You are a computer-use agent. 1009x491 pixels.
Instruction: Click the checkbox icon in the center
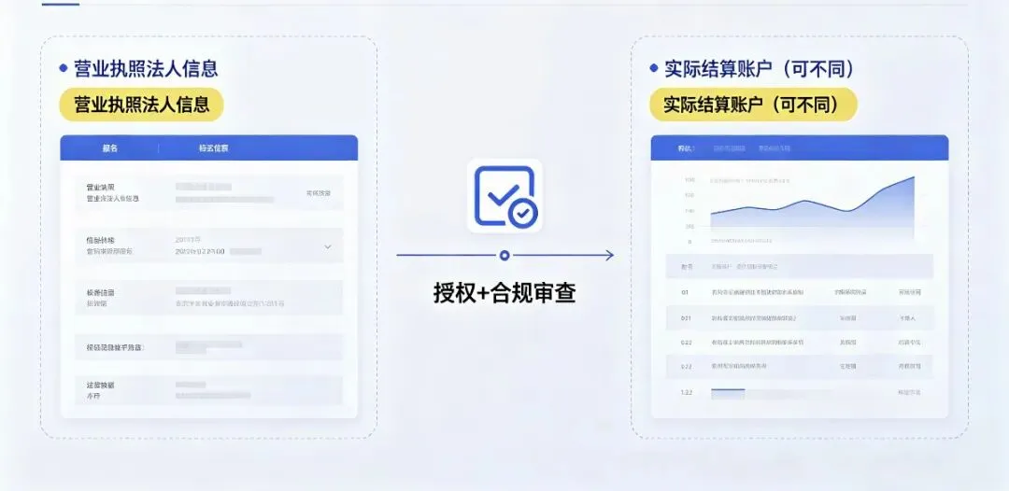point(504,196)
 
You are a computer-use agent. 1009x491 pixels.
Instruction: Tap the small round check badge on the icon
point(523,214)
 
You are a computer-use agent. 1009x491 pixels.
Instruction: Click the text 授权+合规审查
point(504,293)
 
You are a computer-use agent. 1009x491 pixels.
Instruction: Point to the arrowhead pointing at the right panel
point(609,255)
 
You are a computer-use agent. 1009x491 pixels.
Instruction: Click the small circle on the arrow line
point(504,255)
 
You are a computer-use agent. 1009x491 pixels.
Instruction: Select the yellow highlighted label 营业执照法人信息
point(142,105)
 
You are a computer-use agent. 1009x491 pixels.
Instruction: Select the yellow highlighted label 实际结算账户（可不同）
point(753,105)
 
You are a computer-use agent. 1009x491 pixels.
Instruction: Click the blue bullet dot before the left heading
point(64,68)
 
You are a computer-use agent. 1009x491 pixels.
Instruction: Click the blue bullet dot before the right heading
point(654,68)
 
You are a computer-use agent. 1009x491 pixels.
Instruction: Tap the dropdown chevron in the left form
point(328,246)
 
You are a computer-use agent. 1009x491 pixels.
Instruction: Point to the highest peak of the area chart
point(912,177)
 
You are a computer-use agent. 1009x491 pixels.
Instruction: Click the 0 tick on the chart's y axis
point(690,241)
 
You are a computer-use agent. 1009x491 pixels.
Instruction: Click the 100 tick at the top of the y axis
point(689,180)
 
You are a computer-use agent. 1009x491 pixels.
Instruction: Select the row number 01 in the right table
point(686,292)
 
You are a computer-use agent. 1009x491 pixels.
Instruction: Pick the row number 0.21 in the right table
point(686,318)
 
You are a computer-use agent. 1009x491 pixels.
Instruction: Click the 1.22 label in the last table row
point(686,392)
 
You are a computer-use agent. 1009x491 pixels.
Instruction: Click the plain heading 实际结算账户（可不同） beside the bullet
point(760,68)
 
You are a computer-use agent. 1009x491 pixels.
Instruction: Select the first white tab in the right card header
point(686,148)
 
